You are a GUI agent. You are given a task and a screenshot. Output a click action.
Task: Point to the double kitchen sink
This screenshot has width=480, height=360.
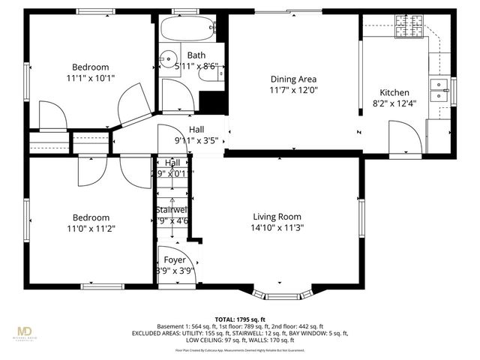click(438, 90)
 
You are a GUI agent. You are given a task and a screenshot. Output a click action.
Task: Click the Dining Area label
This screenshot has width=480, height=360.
click(293, 79)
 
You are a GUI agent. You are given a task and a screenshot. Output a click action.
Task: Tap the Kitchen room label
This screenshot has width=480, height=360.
click(394, 93)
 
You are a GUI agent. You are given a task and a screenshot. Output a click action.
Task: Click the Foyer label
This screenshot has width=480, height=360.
click(175, 260)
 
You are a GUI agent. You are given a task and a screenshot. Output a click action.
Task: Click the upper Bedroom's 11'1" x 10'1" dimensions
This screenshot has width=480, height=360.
click(91, 77)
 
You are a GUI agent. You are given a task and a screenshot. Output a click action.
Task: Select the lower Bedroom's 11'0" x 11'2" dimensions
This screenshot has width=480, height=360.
click(91, 229)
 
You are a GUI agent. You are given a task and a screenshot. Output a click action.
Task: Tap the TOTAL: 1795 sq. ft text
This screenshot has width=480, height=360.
click(240, 319)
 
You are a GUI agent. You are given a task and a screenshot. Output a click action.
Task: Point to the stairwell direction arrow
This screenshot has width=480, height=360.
click(175, 221)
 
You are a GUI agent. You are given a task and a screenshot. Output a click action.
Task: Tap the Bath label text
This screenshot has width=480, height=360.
click(196, 55)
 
